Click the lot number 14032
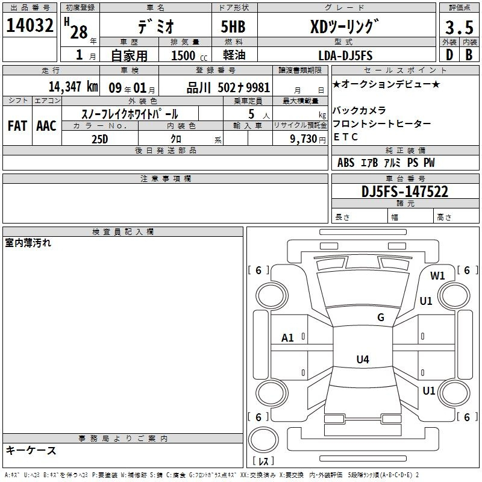click(x=30, y=25)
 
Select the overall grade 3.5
click(x=459, y=28)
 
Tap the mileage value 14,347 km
click(x=74, y=87)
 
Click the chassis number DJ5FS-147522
click(x=405, y=192)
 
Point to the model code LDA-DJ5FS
click(x=345, y=55)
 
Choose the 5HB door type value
click(x=233, y=27)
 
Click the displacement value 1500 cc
click(x=189, y=55)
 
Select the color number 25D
click(x=99, y=139)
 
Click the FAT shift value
click(x=17, y=126)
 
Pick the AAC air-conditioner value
click(x=46, y=126)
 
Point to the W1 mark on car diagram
click(x=437, y=276)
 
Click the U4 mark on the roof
click(x=363, y=359)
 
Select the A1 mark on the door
click(x=287, y=338)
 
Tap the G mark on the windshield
click(x=381, y=318)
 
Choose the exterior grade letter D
click(x=449, y=55)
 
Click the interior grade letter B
click(x=469, y=55)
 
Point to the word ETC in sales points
click(x=345, y=137)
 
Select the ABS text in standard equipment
click(x=346, y=162)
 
